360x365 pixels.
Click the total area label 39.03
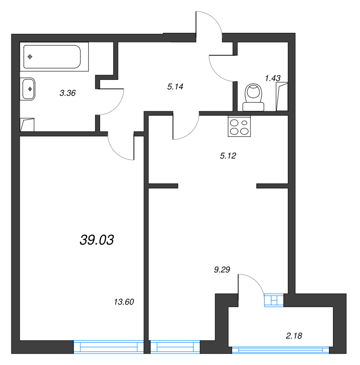point(96,240)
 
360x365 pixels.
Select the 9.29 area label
point(221,270)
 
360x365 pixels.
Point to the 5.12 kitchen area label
point(227,156)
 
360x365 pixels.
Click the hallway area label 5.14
point(175,87)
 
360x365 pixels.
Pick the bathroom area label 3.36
point(67,93)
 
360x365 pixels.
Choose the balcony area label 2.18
point(294,336)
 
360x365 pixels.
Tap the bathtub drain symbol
point(30,57)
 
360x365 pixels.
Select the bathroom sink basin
point(28,89)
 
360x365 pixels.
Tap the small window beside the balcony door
point(274,300)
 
